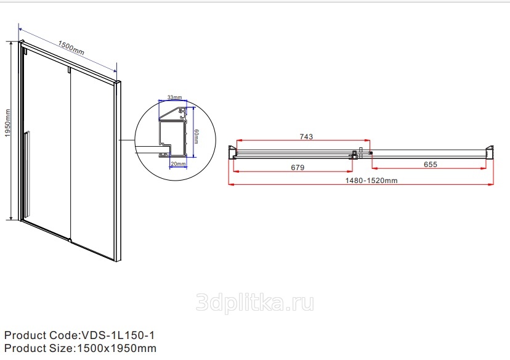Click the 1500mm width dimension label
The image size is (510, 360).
[x=71, y=47]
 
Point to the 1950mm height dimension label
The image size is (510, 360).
[x=8, y=123]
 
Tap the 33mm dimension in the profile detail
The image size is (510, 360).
[x=175, y=97]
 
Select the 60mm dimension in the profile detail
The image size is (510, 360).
[x=196, y=136]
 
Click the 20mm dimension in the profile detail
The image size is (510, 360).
[x=178, y=164]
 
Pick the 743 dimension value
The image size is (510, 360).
[x=306, y=137]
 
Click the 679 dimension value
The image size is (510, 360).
[x=297, y=168]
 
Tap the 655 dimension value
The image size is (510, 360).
[x=431, y=165]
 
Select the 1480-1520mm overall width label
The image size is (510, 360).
[x=371, y=181]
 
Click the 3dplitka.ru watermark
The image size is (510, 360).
[x=255, y=303]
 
